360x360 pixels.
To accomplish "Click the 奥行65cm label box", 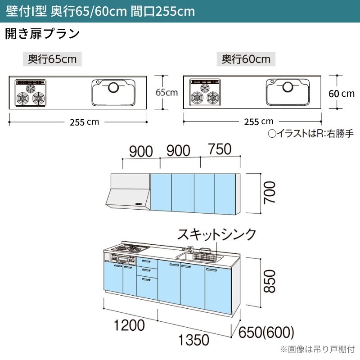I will [52, 59].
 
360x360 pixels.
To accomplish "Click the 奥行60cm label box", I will [246, 59].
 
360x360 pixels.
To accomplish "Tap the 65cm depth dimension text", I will [166, 92].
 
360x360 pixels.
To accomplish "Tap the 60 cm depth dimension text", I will [342, 94].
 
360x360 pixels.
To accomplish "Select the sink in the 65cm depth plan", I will [114, 92].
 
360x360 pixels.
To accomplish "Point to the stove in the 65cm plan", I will [31, 93].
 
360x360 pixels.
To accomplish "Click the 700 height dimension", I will [269, 193].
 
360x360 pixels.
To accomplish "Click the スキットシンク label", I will [216, 234].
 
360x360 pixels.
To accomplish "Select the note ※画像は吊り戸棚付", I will [318, 349].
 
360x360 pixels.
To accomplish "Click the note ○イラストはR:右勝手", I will [310, 134].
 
